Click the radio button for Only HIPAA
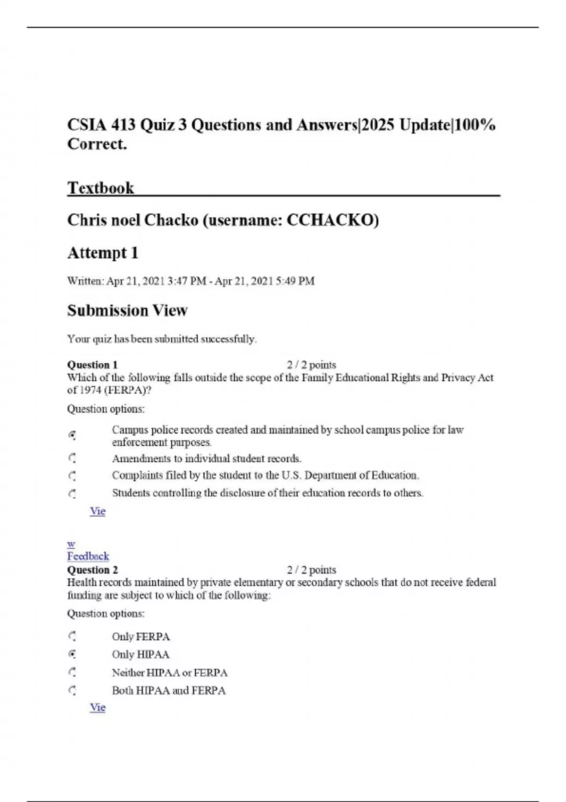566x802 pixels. [72, 654]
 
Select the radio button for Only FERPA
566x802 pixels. [72, 636]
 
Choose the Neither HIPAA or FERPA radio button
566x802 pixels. [72, 672]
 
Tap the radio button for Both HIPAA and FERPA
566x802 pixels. [72, 690]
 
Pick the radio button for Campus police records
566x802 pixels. [72, 435]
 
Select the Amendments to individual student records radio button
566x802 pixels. [72, 458]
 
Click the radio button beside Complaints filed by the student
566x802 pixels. [72, 475]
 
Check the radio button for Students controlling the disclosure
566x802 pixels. [72, 493]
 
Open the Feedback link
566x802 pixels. [88, 556]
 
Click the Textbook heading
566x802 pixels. [100, 188]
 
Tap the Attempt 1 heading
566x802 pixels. [102, 253]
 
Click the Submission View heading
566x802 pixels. [127, 310]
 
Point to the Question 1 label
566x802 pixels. [92, 365]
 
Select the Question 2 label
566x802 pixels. [92, 569]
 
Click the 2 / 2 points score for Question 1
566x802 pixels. [311, 365]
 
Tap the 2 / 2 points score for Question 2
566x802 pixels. [311, 569]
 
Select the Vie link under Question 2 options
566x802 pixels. [98, 707]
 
